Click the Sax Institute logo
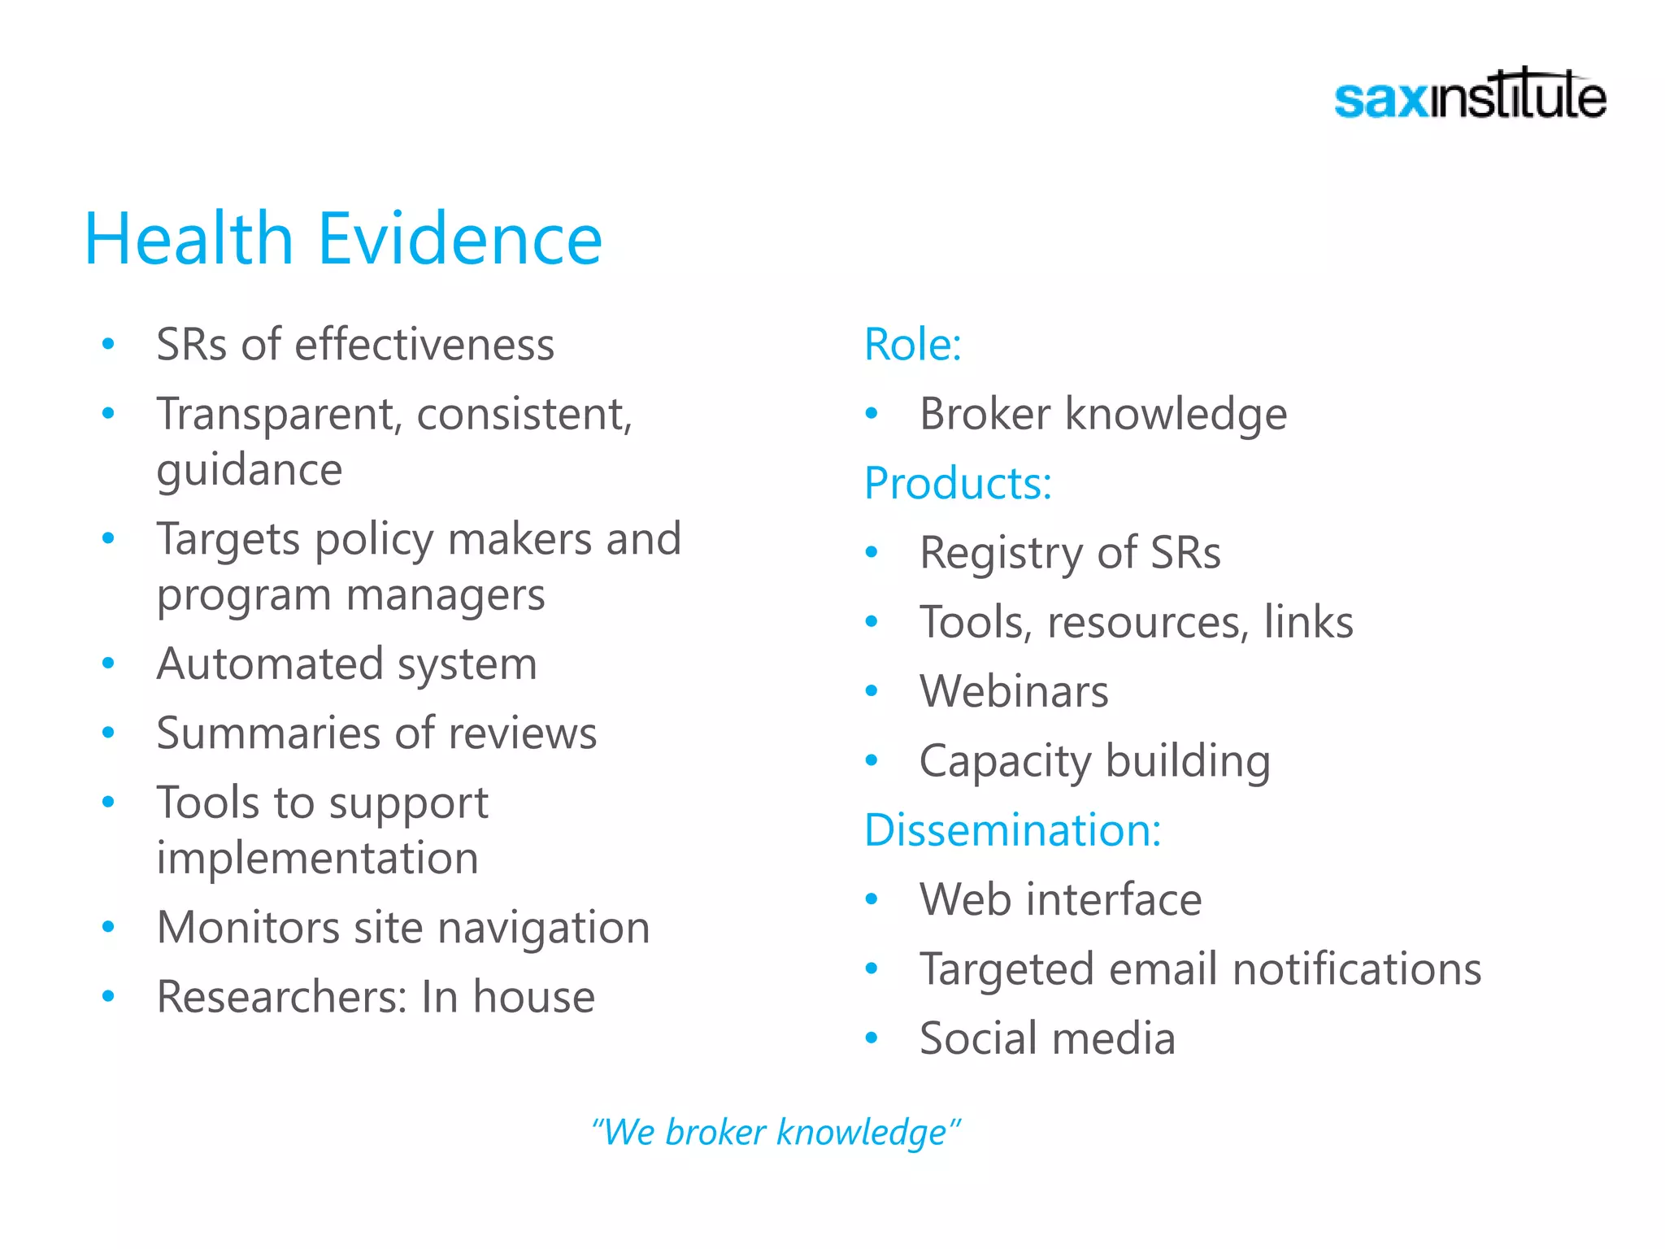click(x=1470, y=96)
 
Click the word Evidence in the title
click(x=460, y=239)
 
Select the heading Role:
click(x=913, y=345)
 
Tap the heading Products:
click(x=958, y=484)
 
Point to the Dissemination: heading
click(x=1012, y=830)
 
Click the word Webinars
click(x=1014, y=692)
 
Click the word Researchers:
click(x=281, y=997)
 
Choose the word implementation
click(x=317, y=859)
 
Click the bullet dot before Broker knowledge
click(x=872, y=414)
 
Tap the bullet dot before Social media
click(x=872, y=1038)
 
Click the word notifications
click(x=1357, y=969)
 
